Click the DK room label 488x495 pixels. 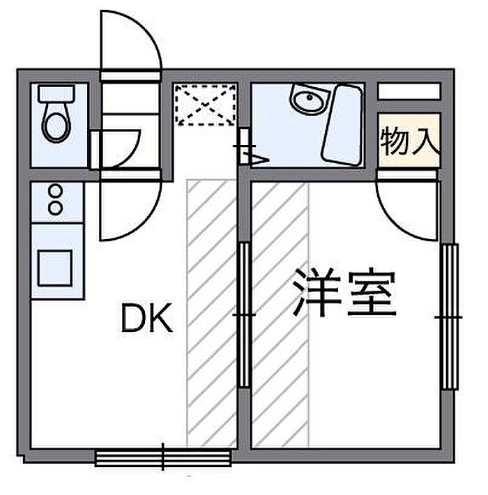pos(147,317)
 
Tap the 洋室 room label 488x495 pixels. pos(344,292)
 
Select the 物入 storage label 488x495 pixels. pos(410,141)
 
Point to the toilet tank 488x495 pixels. pos(56,93)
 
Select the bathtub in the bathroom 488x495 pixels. pos(342,124)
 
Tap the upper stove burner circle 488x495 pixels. pos(56,190)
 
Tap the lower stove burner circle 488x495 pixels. pos(56,208)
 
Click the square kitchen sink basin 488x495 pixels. pos(55,268)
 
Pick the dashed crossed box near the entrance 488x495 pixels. pos(206,104)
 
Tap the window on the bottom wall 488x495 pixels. pos(163,458)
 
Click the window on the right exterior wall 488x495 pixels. pos(450,317)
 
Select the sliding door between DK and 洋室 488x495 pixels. pos(244,314)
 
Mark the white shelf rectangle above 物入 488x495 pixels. pos(409,91)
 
